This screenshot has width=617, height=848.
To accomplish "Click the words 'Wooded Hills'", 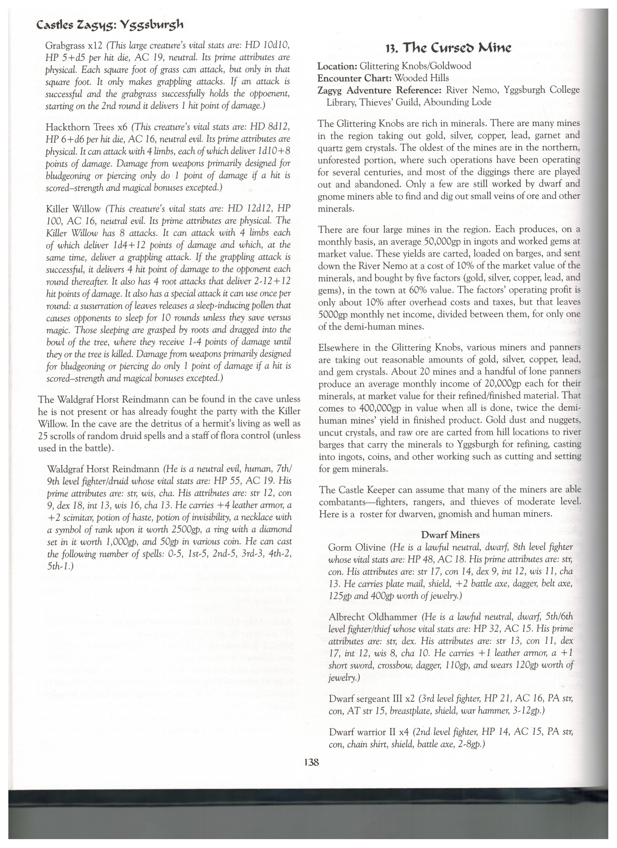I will click(422, 78).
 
